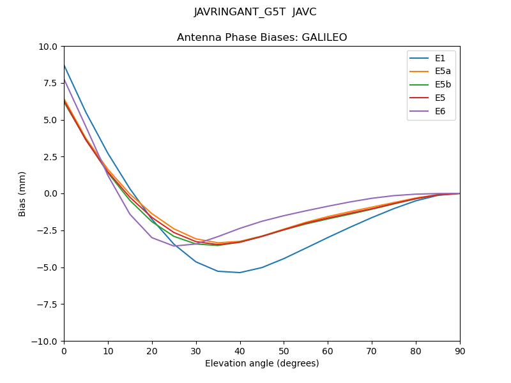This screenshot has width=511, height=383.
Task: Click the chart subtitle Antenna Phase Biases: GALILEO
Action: [x=262, y=38]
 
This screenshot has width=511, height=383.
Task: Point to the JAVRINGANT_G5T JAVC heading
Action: [x=256, y=12]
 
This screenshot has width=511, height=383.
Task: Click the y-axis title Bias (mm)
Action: [x=22, y=193]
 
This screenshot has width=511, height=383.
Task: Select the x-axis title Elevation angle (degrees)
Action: [x=262, y=363]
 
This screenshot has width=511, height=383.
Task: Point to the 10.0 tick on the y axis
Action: [x=49, y=47]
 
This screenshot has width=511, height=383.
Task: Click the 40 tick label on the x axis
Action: [x=240, y=350]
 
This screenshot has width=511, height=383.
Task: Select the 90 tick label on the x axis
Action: [x=460, y=350]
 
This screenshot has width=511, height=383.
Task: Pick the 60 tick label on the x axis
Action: [x=328, y=350]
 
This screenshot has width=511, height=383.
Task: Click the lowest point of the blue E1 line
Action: [x=240, y=273]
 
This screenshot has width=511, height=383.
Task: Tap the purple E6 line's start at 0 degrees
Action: [x=65, y=80]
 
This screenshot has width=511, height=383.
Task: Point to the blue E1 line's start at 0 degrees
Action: [x=65, y=66]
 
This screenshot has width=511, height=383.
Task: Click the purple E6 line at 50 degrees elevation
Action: [x=284, y=216]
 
